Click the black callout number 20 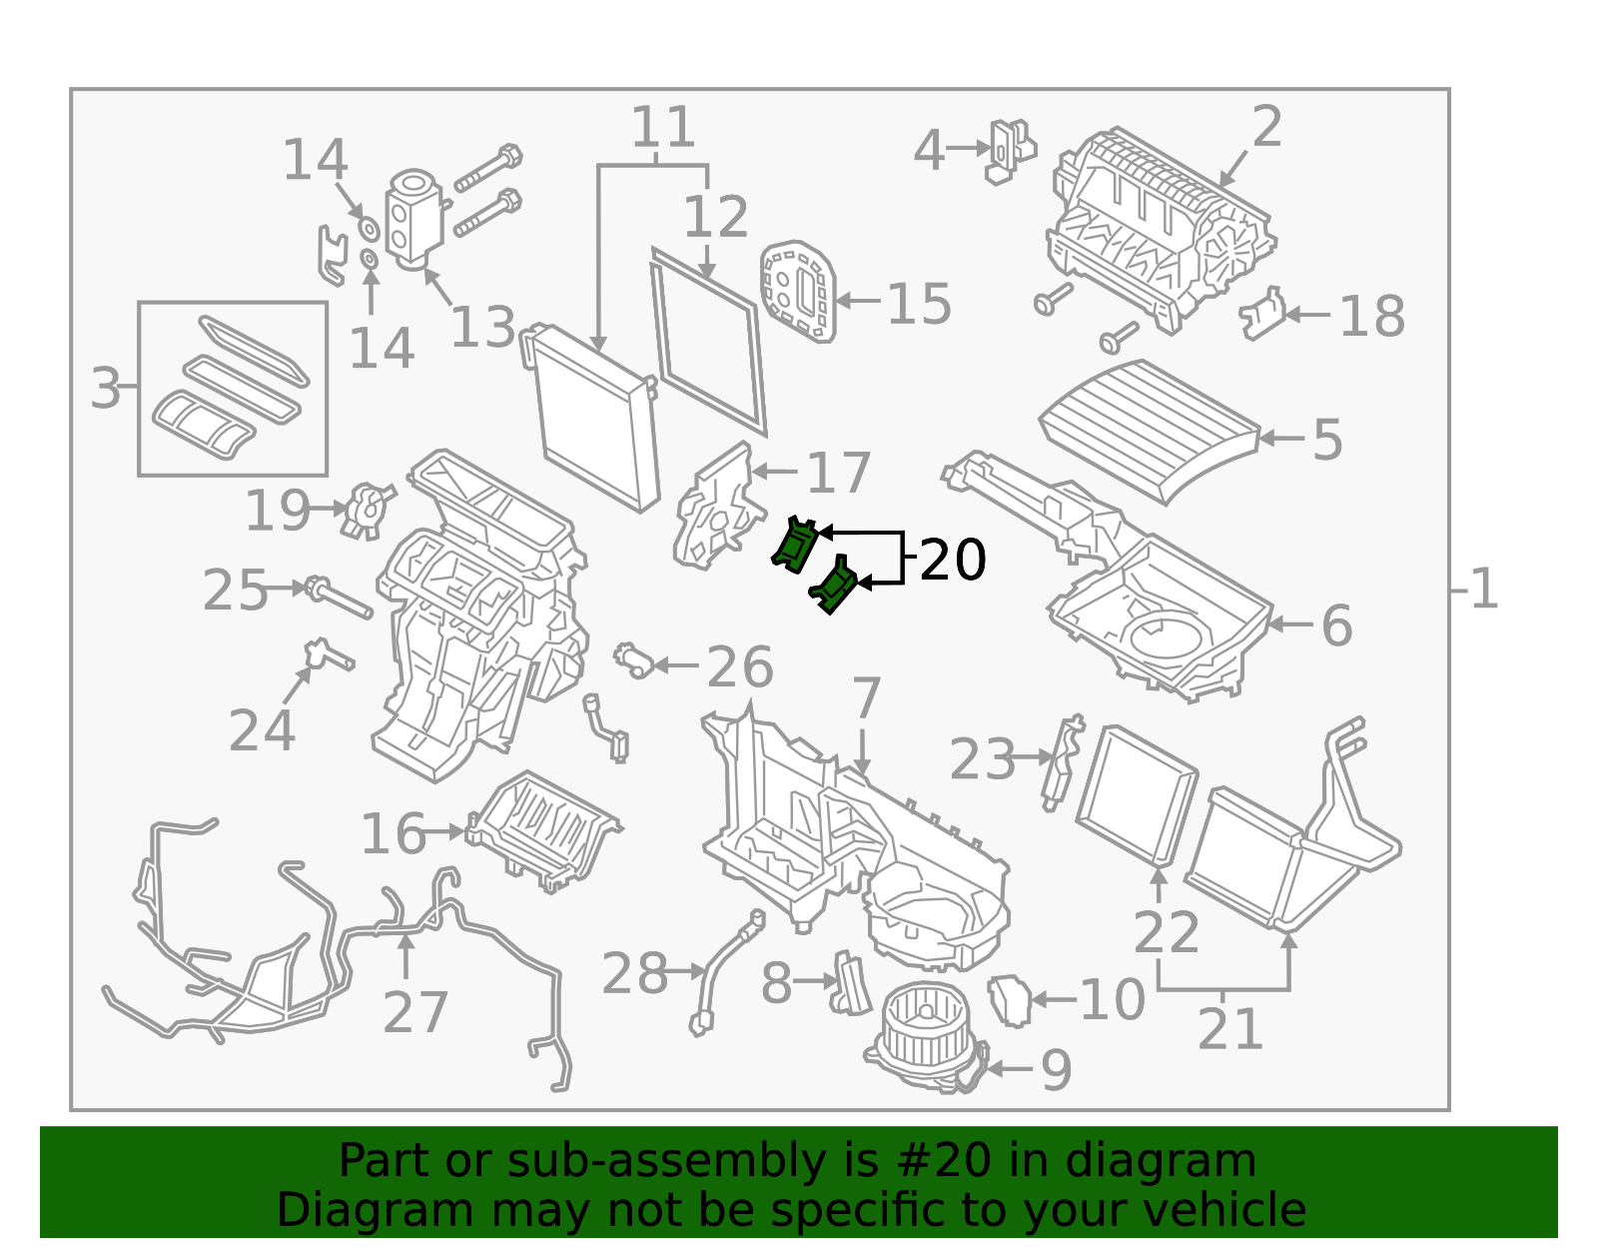pos(952,560)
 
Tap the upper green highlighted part pos(796,545)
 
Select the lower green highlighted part pos(834,587)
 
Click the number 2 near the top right pos(1266,127)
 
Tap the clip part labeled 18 pos(1261,316)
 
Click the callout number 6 pos(1336,626)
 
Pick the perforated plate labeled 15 pos(797,290)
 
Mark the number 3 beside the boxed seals pos(105,388)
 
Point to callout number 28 pos(634,973)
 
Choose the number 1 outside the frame pos(1483,590)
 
